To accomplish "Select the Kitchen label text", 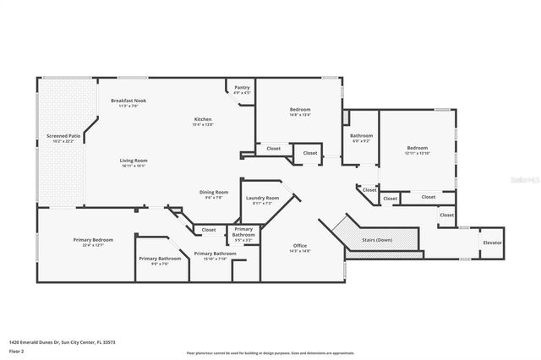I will [x=202, y=120].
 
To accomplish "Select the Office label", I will [x=300, y=246].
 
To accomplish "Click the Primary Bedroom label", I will [x=93, y=240].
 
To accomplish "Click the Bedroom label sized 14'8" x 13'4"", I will [x=300, y=110].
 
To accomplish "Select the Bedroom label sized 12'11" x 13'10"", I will [x=418, y=148].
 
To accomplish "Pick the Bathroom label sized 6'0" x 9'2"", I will [x=362, y=136].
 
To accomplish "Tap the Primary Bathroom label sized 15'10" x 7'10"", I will [x=215, y=254].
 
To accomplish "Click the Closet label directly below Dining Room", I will [x=208, y=230].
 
